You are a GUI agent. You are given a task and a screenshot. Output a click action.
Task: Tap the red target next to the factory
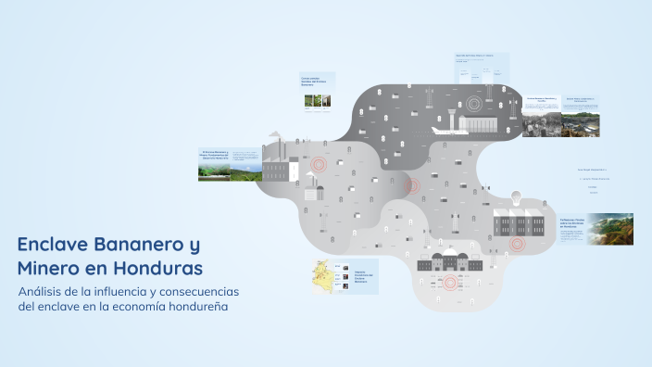click(320, 165)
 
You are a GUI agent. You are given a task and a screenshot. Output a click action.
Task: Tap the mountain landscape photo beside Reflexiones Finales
click(611, 229)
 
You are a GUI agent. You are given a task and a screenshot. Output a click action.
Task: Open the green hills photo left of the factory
click(216, 170)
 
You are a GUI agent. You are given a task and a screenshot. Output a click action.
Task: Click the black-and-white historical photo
click(542, 123)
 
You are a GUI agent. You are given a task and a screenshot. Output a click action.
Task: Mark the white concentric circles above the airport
click(474, 103)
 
